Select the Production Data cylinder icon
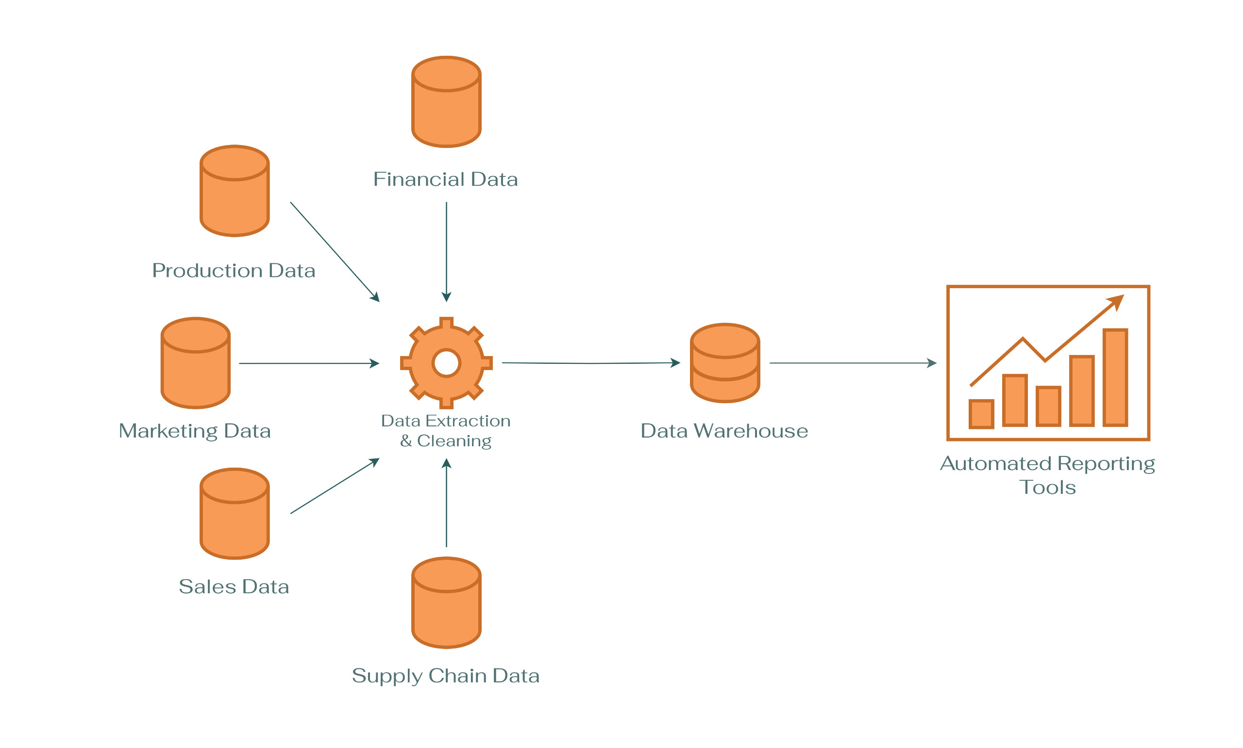(235, 191)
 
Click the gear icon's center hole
(446, 363)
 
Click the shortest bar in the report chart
(981, 414)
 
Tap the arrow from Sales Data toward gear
(334, 487)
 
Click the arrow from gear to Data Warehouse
(590, 363)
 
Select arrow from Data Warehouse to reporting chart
(853, 363)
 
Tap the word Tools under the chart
(1047, 488)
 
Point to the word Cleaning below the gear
(454, 441)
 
